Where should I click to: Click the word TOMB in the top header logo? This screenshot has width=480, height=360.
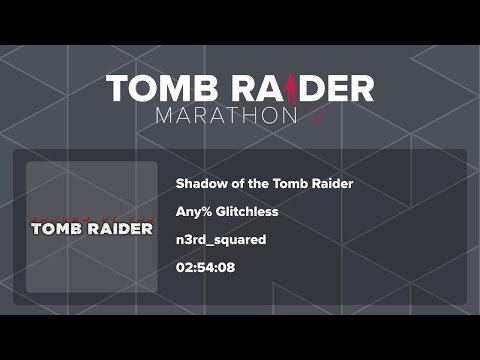coord(153,88)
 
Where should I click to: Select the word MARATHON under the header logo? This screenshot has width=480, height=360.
coord(225,115)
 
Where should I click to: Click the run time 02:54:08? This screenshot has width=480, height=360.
coord(205,268)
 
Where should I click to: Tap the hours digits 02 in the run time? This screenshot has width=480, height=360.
coord(183,268)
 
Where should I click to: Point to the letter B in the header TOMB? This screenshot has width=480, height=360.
coord(191,88)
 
